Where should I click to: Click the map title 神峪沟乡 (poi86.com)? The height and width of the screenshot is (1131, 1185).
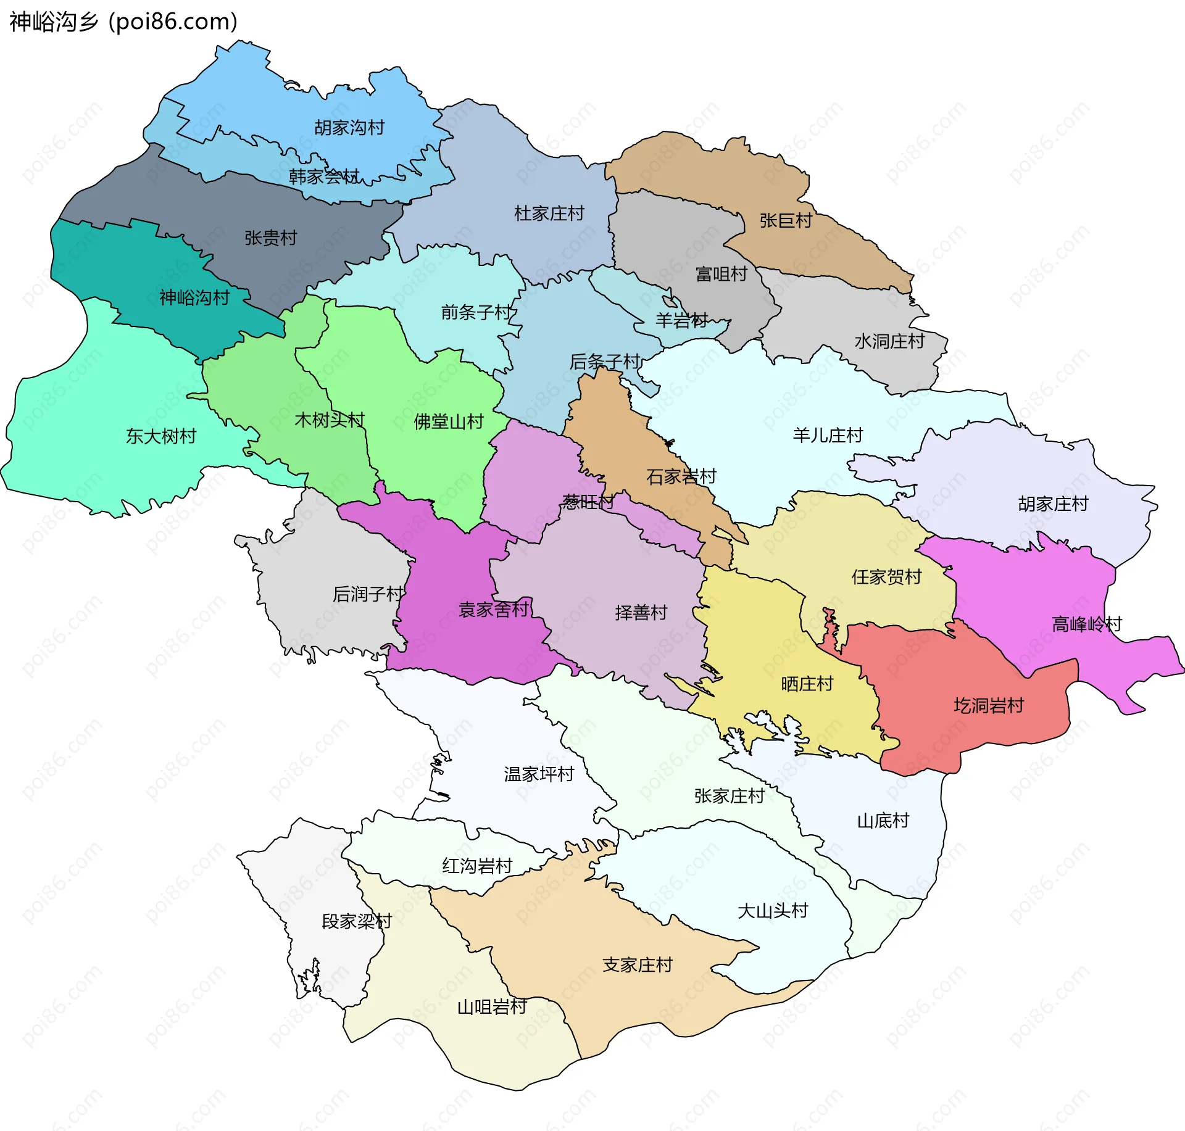click(123, 22)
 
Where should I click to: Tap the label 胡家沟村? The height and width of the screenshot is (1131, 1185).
click(349, 128)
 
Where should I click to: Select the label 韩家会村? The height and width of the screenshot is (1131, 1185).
click(324, 177)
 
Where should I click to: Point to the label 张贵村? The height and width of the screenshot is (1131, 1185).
click(270, 238)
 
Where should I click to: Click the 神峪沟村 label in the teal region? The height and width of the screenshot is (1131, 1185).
click(194, 298)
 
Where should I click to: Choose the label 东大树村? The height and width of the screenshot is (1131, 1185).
click(161, 436)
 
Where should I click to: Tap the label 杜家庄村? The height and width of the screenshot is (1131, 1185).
click(549, 213)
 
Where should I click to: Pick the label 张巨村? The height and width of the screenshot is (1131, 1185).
click(786, 220)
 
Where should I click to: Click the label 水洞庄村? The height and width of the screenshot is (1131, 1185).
click(889, 341)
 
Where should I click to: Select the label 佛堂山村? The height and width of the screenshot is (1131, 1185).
click(449, 422)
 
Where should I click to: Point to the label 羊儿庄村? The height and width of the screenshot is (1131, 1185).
click(828, 436)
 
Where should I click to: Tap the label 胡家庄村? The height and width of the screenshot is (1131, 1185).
click(1053, 504)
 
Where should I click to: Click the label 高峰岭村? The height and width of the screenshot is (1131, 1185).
click(1086, 624)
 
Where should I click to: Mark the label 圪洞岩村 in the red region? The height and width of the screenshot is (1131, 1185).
click(989, 705)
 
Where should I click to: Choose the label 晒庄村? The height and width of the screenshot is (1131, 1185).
click(807, 684)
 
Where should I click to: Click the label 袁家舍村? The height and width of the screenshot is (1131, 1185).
click(494, 610)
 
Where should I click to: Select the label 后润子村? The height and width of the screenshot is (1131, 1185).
click(368, 594)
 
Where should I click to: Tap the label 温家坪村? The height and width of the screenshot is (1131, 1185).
click(539, 774)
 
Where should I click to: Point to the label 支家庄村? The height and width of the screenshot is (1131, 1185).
click(637, 965)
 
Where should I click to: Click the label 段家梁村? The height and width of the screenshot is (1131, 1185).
click(357, 921)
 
